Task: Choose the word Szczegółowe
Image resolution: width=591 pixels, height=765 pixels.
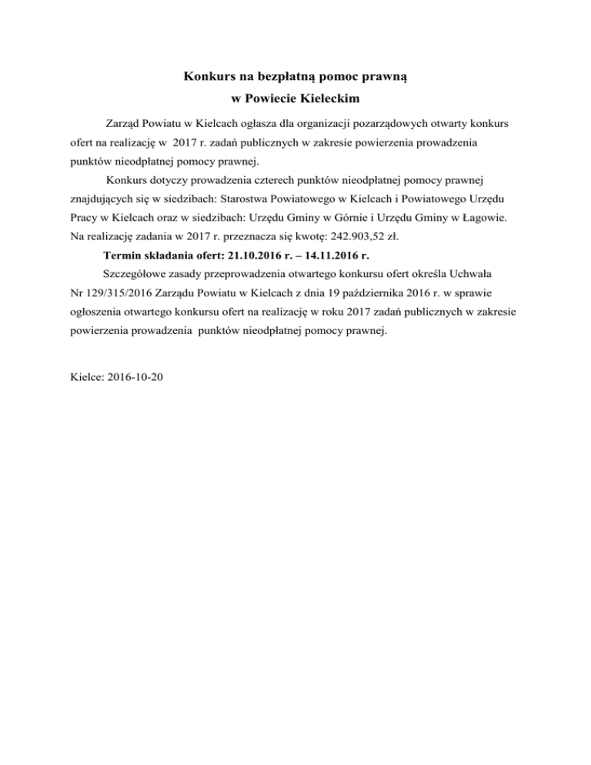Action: point(136,274)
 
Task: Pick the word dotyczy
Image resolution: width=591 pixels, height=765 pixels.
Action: point(172,180)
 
